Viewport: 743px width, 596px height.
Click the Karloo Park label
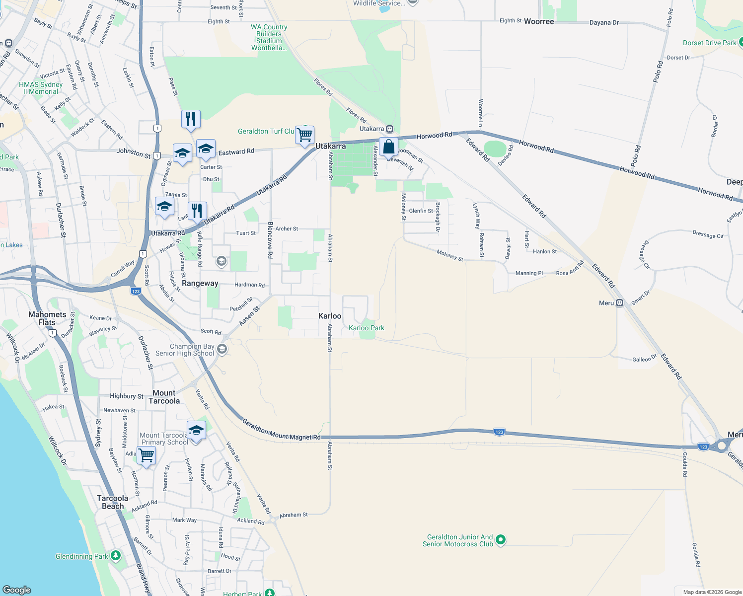point(367,328)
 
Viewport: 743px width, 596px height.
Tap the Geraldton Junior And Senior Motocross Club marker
point(501,540)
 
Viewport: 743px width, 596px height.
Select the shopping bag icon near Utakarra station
point(388,147)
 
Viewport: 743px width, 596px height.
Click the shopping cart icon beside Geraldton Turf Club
point(304,135)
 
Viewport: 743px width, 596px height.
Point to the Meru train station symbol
point(620,303)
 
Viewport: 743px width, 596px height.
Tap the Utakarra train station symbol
point(390,129)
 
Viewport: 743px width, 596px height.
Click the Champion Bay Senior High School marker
point(223,350)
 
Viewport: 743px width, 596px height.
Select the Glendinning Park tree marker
point(116,555)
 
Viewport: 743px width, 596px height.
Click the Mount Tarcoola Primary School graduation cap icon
point(196,431)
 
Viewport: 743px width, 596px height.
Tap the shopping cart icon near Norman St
point(147,455)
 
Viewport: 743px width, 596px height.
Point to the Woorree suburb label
point(539,22)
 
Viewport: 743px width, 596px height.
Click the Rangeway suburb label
point(200,284)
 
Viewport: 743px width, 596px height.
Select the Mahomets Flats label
point(47,318)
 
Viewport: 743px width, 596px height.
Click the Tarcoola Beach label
point(113,502)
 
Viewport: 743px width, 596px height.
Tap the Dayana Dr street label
point(604,23)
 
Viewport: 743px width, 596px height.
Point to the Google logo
point(17,590)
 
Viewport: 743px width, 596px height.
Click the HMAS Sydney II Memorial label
point(41,88)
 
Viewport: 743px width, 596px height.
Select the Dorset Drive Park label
point(709,43)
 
